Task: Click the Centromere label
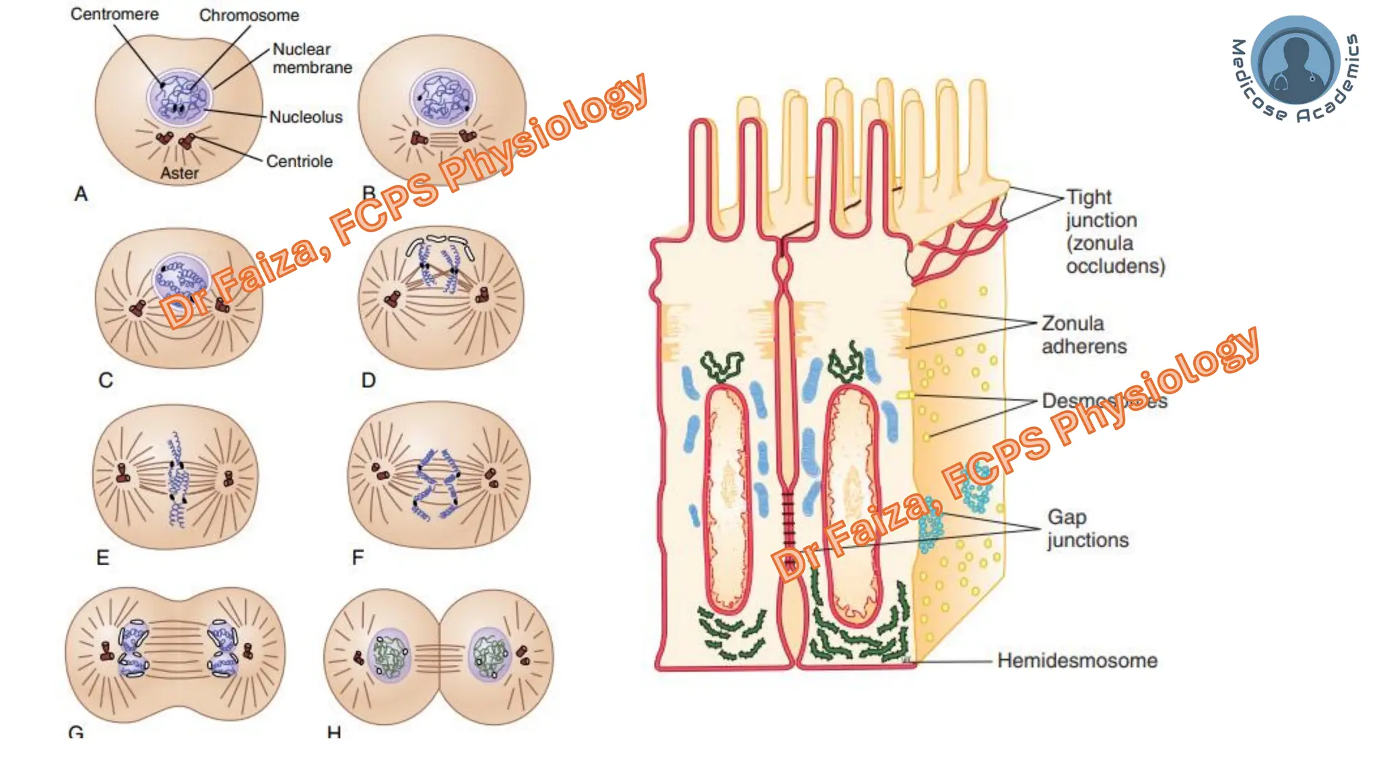pyautogui.click(x=114, y=14)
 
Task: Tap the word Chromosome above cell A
pyautogui.click(x=248, y=15)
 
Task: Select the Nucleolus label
pyautogui.click(x=306, y=117)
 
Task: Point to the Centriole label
pyautogui.click(x=299, y=162)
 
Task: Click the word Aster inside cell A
pyautogui.click(x=179, y=174)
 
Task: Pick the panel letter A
pyautogui.click(x=81, y=194)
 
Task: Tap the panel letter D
pyautogui.click(x=368, y=381)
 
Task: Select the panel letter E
pyautogui.click(x=102, y=558)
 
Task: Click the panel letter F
pyautogui.click(x=358, y=558)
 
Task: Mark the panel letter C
pyautogui.click(x=106, y=381)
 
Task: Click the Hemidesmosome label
pyautogui.click(x=1077, y=661)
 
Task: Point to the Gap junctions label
pyautogui.click(x=1087, y=529)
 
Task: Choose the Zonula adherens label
pyautogui.click(x=1083, y=335)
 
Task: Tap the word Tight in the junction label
pyautogui.click(x=1089, y=197)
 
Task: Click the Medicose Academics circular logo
pyautogui.click(x=1295, y=68)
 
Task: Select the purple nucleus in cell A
pyautogui.click(x=179, y=98)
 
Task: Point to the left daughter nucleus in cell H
pyautogui.click(x=389, y=654)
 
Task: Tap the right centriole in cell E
pyautogui.click(x=228, y=479)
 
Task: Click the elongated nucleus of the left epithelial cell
pyautogui.click(x=727, y=498)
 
